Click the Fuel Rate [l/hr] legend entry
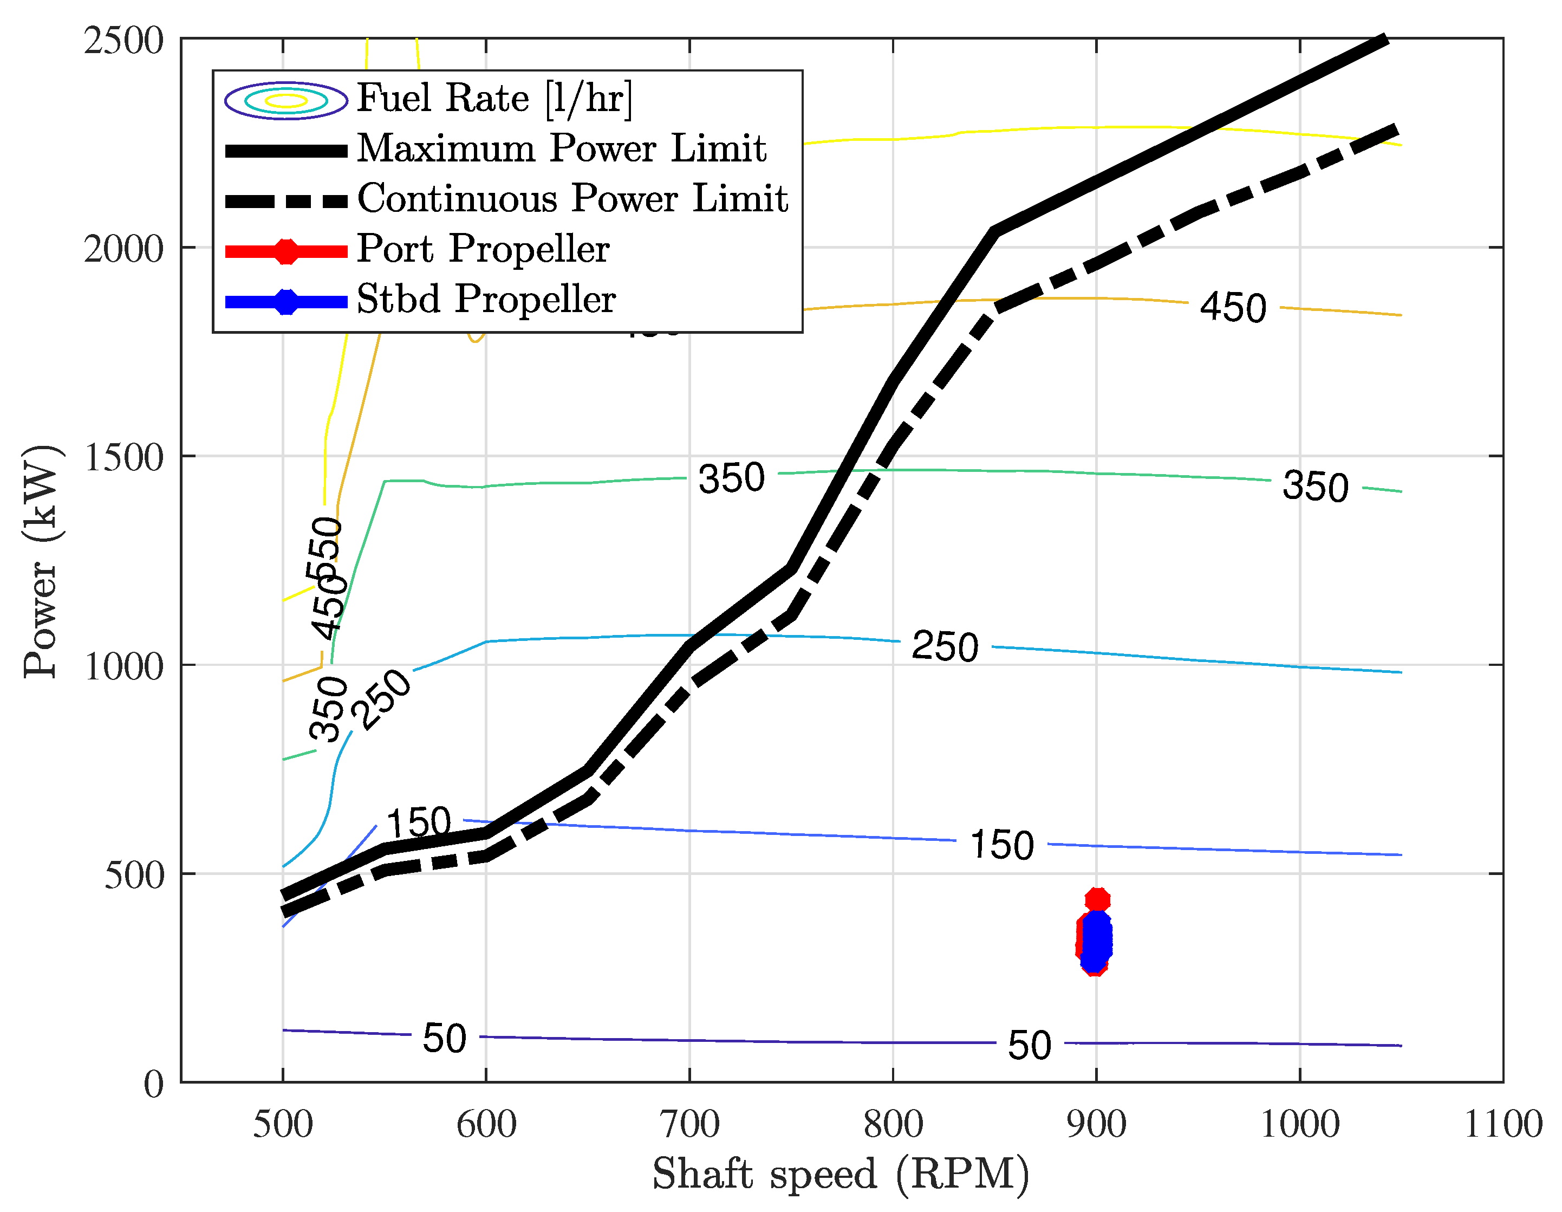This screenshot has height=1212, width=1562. (494, 98)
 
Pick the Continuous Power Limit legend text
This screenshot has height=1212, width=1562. (572, 198)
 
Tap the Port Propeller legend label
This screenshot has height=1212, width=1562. (483, 249)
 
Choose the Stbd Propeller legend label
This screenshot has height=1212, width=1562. (486, 299)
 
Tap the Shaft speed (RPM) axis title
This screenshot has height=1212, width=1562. (841, 1174)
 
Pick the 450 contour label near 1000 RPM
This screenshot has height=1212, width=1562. (1232, 308)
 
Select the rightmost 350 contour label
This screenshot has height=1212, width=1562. (1315, 487)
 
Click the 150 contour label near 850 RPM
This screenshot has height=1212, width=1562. (1001, 844)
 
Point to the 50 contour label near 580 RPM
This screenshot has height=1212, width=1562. (444, 1038)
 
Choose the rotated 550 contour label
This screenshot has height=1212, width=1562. (326, 547)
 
